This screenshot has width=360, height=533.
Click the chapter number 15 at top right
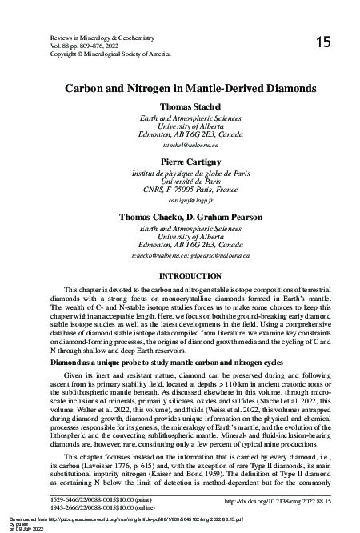coord(323,42)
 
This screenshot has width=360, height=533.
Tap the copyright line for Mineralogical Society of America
coord(110,54)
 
